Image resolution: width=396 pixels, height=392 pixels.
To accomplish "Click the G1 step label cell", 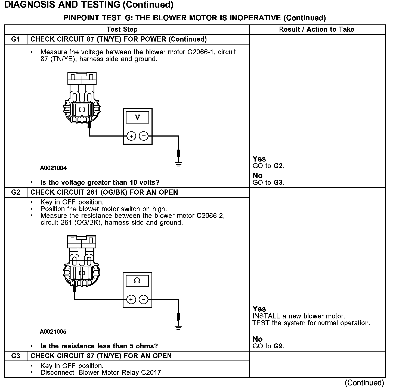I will (x=16, y=39).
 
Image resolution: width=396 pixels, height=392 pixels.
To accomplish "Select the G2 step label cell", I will (x=16, y=192).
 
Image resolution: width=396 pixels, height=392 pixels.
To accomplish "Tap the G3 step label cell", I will (x=16, y=356).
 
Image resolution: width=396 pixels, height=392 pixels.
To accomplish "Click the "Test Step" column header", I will (x=122, y=30).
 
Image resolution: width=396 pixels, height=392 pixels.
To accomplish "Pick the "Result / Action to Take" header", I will (x=317, y=30).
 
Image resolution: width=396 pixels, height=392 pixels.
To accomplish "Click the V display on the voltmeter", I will (x=137, y=117).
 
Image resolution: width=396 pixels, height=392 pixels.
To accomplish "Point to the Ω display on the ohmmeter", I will (x=137, y=281).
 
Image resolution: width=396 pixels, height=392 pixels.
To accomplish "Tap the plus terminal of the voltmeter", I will (x=131, y=136).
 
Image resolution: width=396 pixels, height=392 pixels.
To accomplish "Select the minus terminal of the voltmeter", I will (x=144, y=136).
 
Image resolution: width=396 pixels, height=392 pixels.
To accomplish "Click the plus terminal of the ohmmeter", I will (x=131, y=300).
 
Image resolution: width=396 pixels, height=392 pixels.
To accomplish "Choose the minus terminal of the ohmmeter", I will (x=143, y=300).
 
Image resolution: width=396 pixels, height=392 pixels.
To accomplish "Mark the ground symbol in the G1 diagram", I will (x=178, y=164).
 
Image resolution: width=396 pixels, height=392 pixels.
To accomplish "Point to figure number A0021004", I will (x=53, y=168).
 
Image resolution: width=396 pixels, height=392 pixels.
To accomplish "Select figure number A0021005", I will (x=53, y=332).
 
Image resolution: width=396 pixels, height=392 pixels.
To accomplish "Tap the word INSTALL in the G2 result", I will (x=266, y=316).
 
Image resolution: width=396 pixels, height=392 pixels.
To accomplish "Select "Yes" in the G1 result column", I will (x=259, y=159).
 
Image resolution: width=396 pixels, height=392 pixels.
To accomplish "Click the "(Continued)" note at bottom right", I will (x=364, y=383).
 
